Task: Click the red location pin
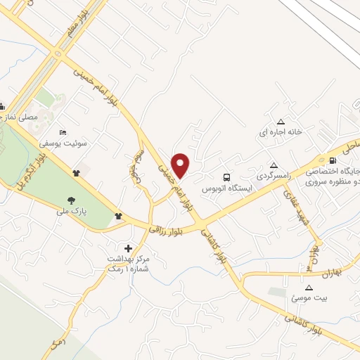pos(181,166)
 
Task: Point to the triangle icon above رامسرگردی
pos(271,162)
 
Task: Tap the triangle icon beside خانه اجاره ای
pos(281,120)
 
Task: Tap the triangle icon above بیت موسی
pos(308,288)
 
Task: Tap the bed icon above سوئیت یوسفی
pos(63,132)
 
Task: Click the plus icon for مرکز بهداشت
pos(128,248)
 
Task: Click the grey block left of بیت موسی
pos(277,292)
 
